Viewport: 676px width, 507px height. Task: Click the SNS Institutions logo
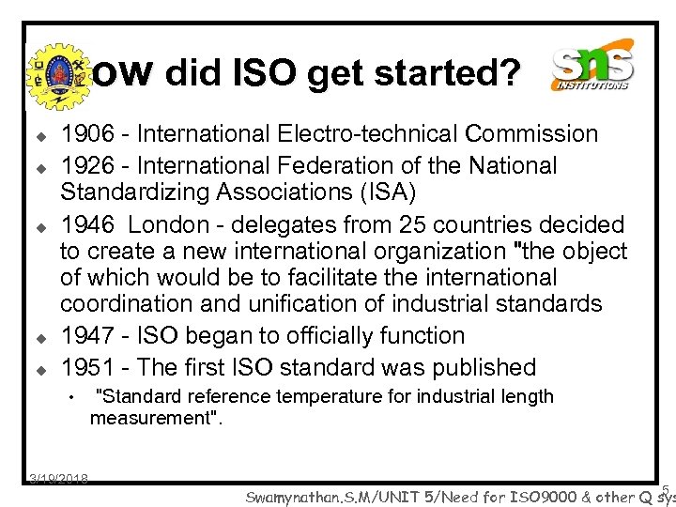pyautogui.click(x=592, y=68)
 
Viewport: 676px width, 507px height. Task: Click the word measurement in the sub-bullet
pyautogui.click(x=151, y=417)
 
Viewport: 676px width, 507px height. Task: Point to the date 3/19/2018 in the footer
pyautogui.click(x=58, y=479)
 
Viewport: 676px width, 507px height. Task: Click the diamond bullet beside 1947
pyautogui.click(x=42, y=336)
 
